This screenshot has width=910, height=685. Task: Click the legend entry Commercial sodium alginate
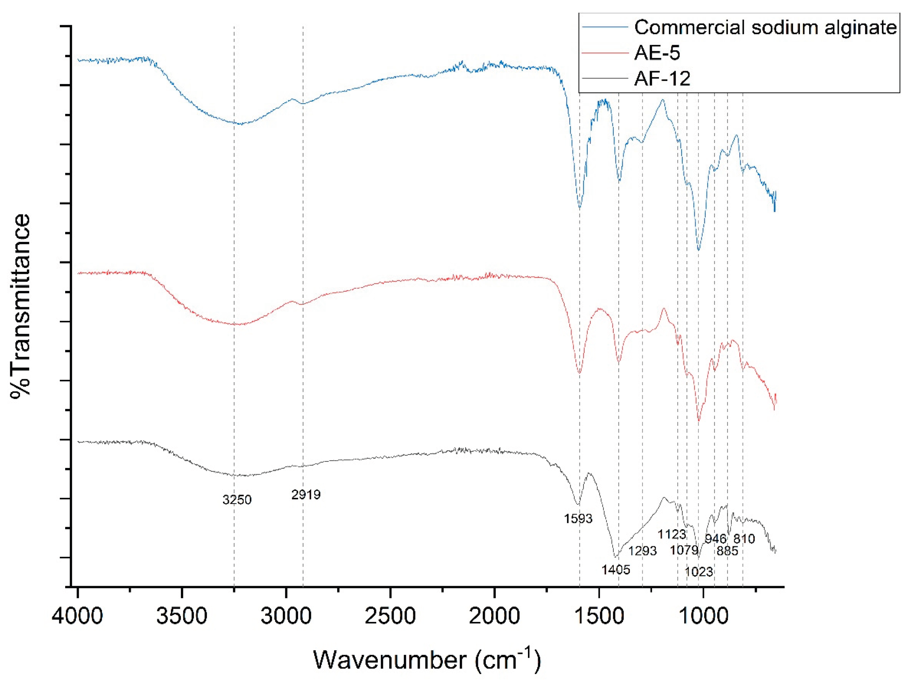(x=765, y=28)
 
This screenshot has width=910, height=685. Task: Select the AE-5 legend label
(x=657, y=53)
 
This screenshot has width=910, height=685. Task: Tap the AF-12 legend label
(x=662, y=78)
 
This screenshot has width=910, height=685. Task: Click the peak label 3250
(x=237, y=500)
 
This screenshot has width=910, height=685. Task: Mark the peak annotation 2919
(x=306, y=495)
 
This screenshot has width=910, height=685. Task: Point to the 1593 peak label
(x=578, y=519)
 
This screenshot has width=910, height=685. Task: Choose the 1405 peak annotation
(x=616, y=570)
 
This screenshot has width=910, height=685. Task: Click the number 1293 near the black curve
(x=643, y=550)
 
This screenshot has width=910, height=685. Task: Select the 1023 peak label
(x=699, y=571)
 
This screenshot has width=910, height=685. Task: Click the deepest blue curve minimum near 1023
(x=698, y=250)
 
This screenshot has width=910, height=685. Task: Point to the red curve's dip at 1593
(x=580, y=373)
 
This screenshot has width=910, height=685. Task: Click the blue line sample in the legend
(x=605, y=27)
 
